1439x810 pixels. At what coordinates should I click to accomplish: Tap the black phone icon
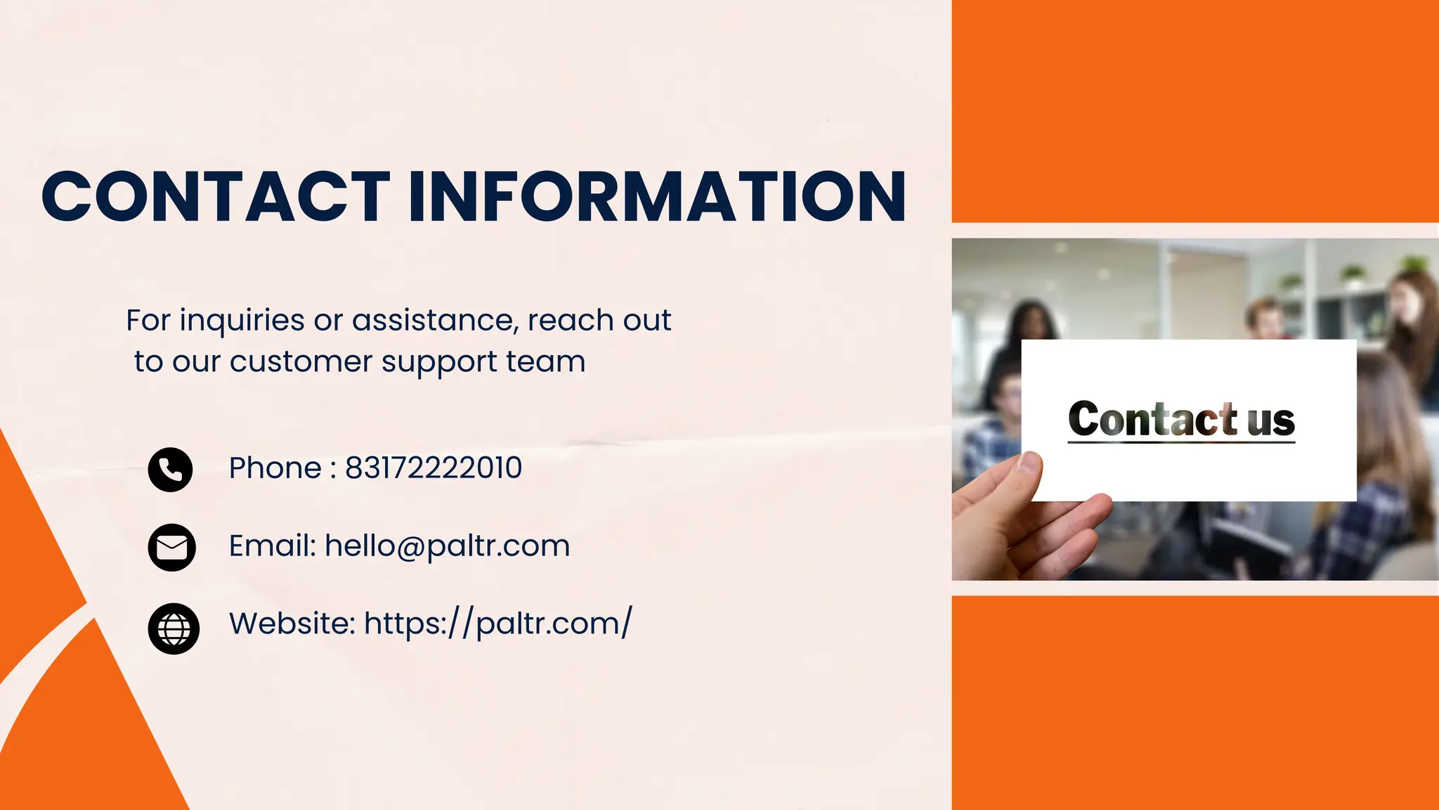tap(170, 469)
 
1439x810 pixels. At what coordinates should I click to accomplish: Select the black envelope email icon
tap(171, 547)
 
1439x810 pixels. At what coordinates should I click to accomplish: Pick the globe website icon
tap(174, 629)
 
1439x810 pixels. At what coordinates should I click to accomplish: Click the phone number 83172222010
tap(434, 468)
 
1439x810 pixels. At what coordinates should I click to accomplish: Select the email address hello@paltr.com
tap(447, 546)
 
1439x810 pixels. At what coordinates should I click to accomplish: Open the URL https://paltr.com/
tap(498, 624)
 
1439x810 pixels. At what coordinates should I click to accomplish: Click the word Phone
tap(275, 468)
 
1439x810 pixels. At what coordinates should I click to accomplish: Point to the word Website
tap(292, 624)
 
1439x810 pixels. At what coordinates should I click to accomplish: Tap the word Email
tap(272, 546)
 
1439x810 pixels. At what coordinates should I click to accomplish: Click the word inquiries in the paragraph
tap(242, 321)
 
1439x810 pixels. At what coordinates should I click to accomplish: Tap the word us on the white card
tap(1271, 420)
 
